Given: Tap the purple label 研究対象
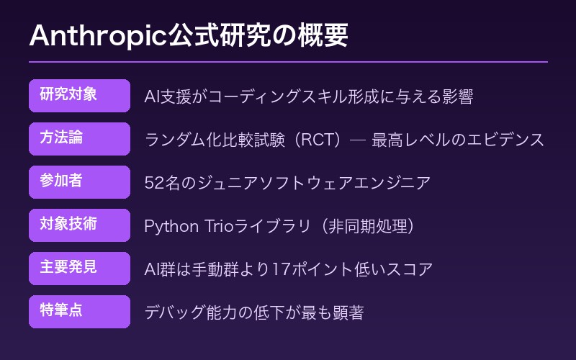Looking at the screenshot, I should click(79, 96).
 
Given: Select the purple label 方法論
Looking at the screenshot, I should click(79, 139).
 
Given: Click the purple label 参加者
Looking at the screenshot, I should click(79, 182).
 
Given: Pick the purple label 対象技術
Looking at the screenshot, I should click(79, 225).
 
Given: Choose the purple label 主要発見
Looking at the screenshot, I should click(79, 269).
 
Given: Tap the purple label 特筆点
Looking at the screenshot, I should click(79, 312).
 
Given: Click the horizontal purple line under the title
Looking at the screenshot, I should click(288, 62).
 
